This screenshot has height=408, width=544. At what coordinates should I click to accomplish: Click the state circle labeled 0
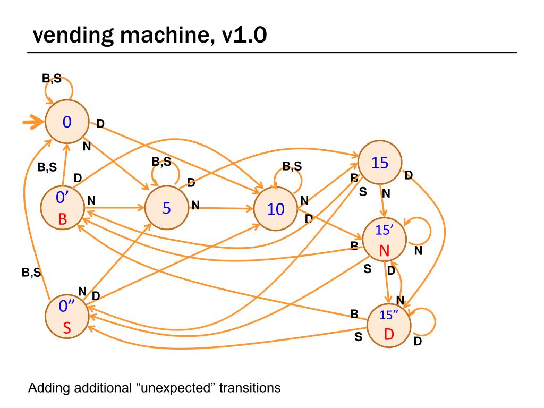(67, 122)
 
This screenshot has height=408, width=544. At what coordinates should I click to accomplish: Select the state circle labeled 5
(167, 208)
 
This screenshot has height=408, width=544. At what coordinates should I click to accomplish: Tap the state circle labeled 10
(276, 208)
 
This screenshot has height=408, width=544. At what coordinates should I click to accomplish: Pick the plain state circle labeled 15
(380, 162)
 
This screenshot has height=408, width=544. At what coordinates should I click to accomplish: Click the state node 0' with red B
(63, 208)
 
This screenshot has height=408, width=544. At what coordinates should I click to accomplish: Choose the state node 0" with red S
(67, 317)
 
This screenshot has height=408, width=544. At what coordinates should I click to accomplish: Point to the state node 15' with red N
(385, 239)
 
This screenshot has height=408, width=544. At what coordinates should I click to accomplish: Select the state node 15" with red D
(389, 325)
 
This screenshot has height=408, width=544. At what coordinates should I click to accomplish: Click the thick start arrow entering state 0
(33, 122)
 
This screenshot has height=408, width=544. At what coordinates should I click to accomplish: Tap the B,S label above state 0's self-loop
(52, 79)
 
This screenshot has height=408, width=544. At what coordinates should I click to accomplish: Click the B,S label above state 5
(161, 161)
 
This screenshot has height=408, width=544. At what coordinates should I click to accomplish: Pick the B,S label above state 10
(292, 166)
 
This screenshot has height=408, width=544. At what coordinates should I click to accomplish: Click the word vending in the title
(73, 36)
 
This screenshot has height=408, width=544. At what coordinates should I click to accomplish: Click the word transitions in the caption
(250, 387)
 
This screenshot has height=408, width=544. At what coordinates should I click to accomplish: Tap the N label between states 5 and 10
(195, 206)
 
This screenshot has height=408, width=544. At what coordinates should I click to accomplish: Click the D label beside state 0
(100, 123)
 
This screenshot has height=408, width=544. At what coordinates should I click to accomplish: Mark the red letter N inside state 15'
(384, 251)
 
